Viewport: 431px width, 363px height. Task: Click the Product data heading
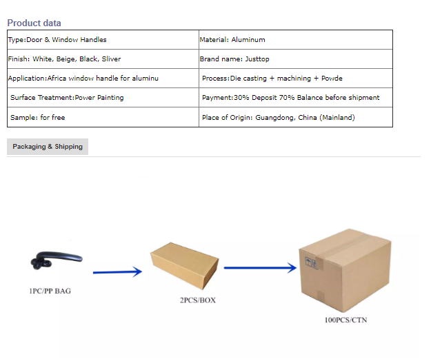pyautogui.click(x=34, y=23)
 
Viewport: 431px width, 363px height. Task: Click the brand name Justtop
pyautogui.click(x=257, y=59)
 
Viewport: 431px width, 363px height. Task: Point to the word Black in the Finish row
pyautogui.click(x=89, y=59)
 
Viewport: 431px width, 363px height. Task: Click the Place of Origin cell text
pyautogui.click(x=279, y=118)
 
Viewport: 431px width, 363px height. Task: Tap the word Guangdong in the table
pyautogui.click(x=275, y=118)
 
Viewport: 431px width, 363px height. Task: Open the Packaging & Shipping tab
pyautogui.click(x=48, y=147)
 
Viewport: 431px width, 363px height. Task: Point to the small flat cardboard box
pyautogui.click(x=184, y=266)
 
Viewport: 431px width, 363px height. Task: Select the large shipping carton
pyautogui.click(x=345, y=271)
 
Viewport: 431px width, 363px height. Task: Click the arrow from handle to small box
pyautogui.click(x=117, y=272)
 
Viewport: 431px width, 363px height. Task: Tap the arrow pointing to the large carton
pyautogui.click(x=260, y=268)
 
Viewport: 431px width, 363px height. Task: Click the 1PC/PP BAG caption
pyautogui.click(x=50, y=291)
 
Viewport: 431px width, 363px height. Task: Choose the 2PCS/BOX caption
pyautogui.click(x=198, y=300)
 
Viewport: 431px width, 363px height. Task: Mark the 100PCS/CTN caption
pyautogui.click(x=345, y=320)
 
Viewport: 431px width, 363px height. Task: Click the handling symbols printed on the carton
pyautogui.click(x=312, y=263)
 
